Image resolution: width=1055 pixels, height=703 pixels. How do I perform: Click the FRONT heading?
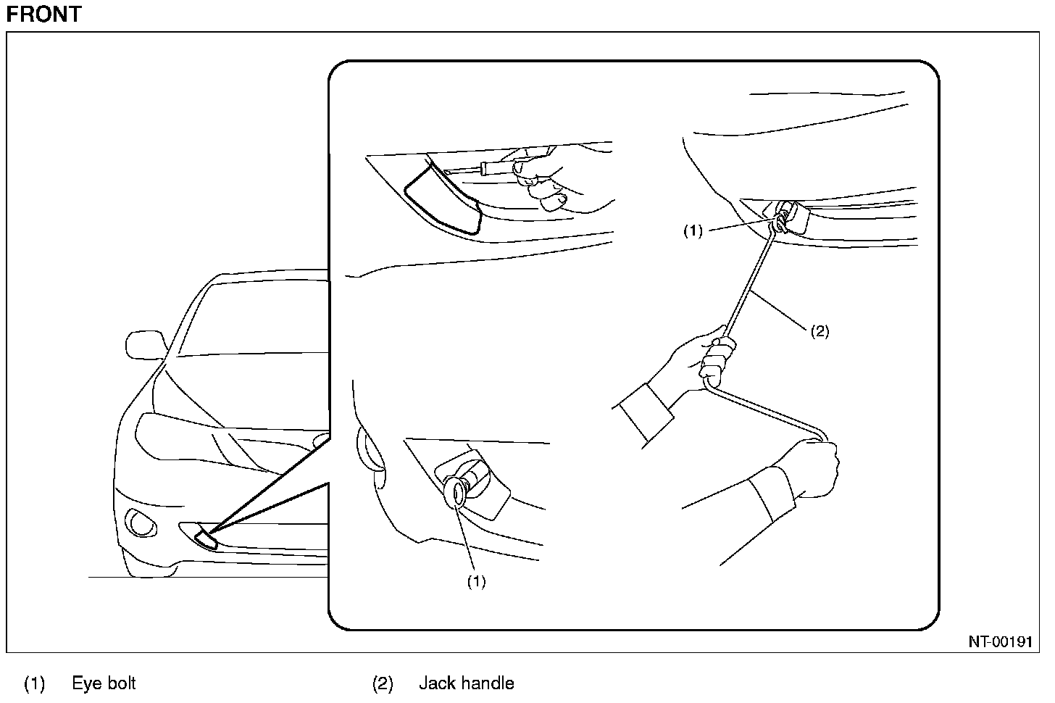43,14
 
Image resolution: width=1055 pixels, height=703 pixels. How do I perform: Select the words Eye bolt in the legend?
104,683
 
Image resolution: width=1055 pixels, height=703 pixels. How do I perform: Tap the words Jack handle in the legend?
466,683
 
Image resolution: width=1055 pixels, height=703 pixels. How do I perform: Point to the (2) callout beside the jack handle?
819,331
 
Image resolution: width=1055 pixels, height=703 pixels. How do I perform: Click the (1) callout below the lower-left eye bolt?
476,582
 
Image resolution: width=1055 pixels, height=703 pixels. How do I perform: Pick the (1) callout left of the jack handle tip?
693,231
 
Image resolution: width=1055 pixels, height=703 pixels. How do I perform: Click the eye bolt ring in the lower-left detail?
458,491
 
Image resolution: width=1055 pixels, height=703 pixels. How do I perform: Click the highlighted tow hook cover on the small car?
206,538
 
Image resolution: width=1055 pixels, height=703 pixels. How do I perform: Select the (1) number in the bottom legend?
35,683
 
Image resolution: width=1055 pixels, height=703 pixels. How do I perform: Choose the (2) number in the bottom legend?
383,683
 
